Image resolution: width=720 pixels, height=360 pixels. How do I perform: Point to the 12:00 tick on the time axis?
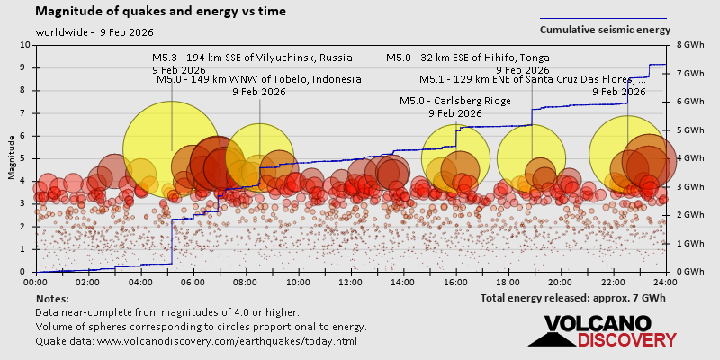pos(351,282)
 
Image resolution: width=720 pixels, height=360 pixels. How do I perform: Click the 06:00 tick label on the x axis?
pos(193,282)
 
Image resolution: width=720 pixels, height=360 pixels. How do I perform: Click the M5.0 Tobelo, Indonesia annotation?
pos(259,79)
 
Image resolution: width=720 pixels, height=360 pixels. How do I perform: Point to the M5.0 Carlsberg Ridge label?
pos(455,101)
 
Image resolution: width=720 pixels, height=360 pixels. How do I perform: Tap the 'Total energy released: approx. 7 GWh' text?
pos(573,298)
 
